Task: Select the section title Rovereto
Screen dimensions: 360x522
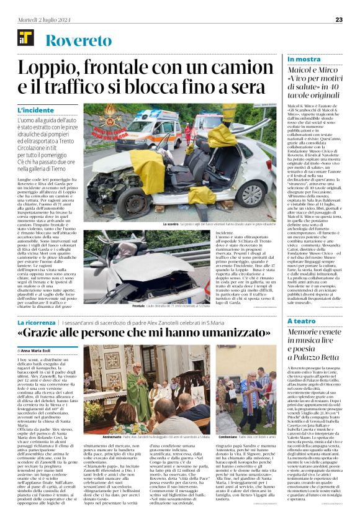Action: [76, 42]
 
